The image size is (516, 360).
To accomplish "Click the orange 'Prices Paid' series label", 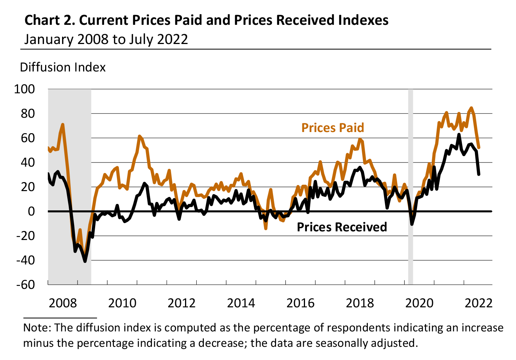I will point(332,128).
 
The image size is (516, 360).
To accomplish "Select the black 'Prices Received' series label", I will point(341,227).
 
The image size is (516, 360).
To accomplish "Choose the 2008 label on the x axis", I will point(62,303).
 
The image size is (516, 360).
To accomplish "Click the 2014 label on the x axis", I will point(241,303).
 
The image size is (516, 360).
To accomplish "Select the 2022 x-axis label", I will point(478,303).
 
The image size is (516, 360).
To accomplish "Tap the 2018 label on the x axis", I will point(360,303).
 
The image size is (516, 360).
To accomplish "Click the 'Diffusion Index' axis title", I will point(62,67).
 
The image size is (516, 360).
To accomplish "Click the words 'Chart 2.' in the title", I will point(50,20).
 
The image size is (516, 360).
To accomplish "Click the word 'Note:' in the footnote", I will point(37,328).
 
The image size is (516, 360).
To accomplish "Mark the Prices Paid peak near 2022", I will point(472,108).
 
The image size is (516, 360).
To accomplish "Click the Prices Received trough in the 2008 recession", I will point(85,261).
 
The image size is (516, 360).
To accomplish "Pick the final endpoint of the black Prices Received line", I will point(479,174).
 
